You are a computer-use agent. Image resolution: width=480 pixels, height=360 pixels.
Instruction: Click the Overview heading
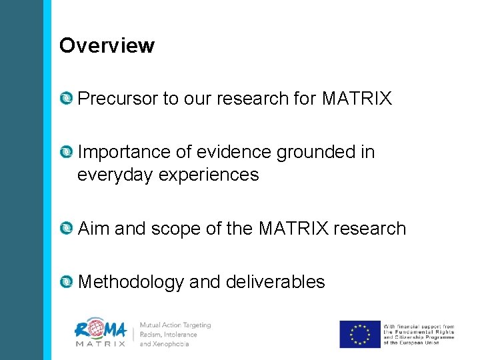tap(107, 46)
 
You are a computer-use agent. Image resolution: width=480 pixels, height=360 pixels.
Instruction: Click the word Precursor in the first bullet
tap(117, 99)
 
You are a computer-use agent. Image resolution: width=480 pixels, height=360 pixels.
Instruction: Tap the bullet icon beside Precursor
tap(67, 99)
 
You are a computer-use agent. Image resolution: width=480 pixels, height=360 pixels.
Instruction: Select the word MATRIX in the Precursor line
tap(357, 99)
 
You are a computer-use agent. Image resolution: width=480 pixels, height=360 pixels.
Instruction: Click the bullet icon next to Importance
tap(67, 153)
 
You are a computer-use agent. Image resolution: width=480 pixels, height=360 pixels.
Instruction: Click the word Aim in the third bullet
tap(93, 229)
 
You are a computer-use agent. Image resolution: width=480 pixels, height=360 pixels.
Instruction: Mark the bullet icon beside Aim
tap(67, 229)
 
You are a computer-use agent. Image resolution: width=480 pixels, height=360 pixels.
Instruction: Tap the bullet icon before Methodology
tap(67, 282)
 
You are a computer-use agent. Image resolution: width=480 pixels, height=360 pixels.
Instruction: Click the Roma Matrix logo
tap(101, 334)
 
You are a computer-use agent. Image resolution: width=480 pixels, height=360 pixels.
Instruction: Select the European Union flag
tap(359, 334)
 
